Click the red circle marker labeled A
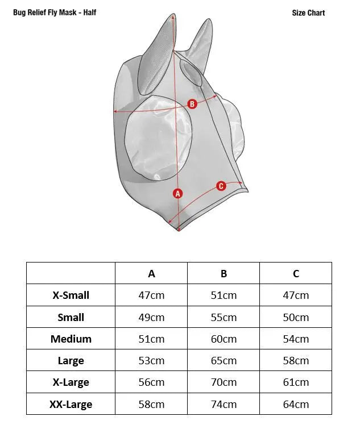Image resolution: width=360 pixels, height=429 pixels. (178, 193)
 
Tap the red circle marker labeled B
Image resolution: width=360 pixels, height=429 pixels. (192, 104)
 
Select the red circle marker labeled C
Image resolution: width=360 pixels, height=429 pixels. (221, 186)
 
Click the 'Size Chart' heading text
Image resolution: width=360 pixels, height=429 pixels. (308, 13)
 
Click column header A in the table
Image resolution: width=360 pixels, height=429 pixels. (151, 273)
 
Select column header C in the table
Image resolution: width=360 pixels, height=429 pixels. (296, 273)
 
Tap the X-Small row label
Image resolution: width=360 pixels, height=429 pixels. (71, 295)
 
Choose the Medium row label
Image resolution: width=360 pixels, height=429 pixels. (71, 339)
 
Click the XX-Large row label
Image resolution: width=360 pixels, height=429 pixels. (71, 405)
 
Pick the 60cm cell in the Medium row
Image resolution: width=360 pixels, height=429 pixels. (224, 339)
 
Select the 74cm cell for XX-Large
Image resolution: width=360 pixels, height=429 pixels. (224, 405)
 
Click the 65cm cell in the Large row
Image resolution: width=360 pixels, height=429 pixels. (224, 361)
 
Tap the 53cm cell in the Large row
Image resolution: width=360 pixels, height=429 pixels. (151, 361)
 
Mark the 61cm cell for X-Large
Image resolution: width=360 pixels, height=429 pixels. (296, 382)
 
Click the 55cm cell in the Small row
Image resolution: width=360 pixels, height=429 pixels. (224, 318)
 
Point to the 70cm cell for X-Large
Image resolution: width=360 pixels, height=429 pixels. (224, 382)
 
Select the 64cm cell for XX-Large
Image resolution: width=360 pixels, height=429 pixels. (296, 405)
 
